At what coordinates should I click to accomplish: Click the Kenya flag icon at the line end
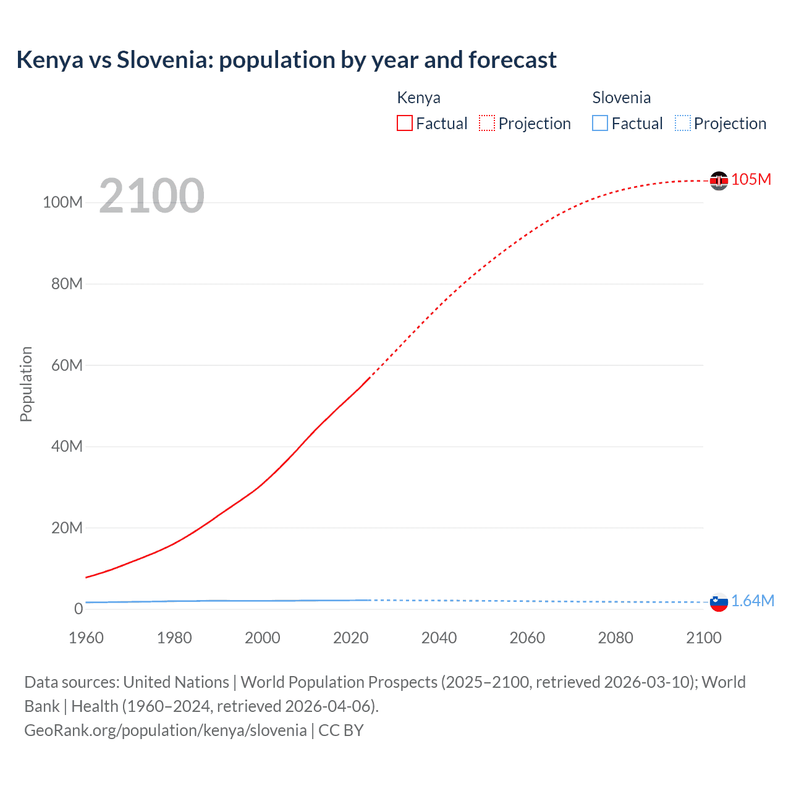pos(719,180)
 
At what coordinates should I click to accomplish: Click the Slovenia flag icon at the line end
pos(719,602)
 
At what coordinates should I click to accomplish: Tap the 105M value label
pos(751,179)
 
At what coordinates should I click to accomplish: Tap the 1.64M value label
pos(753,601)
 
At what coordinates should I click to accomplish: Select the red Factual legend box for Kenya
pos(404,123)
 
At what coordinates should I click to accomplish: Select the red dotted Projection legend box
pos(487,123)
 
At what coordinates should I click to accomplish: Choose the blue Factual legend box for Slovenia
pos(600,123)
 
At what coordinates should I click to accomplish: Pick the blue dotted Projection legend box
pos(682,123)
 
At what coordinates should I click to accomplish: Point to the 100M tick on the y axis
pos(62,203)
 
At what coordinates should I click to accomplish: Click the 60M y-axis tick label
pos(67,365)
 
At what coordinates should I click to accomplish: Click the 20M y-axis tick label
pos(67,528)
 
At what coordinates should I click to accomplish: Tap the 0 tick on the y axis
pos(78,609)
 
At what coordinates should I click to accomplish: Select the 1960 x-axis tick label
pos(86,638)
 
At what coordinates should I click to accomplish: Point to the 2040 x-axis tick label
pos(439,638)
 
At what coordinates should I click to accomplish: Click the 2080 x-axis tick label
pos(615,638)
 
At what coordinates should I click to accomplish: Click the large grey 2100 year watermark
pos(151,196)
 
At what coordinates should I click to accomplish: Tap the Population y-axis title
pos(26,384)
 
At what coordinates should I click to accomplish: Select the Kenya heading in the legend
pos(418,98)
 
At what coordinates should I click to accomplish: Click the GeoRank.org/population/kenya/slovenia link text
pos(165,730)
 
